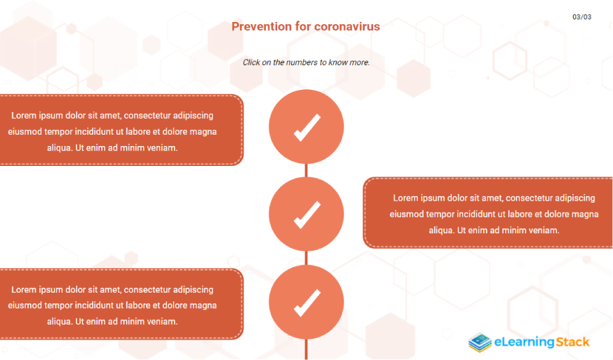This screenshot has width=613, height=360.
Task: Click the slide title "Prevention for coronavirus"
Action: (306, 27)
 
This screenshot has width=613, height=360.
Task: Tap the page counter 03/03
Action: (582, 17)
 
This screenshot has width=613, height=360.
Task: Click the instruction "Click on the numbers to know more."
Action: (306, 63)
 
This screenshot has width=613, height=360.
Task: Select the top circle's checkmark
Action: (307, 127)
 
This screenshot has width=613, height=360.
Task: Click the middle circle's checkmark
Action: (307, 215)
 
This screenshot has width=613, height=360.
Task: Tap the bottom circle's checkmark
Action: (307, 303)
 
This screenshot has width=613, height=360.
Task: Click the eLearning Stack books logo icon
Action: (480, 343)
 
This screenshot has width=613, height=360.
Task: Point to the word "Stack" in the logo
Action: (572, 342)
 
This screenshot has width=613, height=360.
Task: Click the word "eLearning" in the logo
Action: (524, 343)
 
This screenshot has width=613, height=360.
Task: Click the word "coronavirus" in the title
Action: (347, 27)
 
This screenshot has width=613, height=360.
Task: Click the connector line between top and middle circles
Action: (306, 171)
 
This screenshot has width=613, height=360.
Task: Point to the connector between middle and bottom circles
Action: (306, 258)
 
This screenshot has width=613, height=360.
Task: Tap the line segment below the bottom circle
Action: (306, 349)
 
